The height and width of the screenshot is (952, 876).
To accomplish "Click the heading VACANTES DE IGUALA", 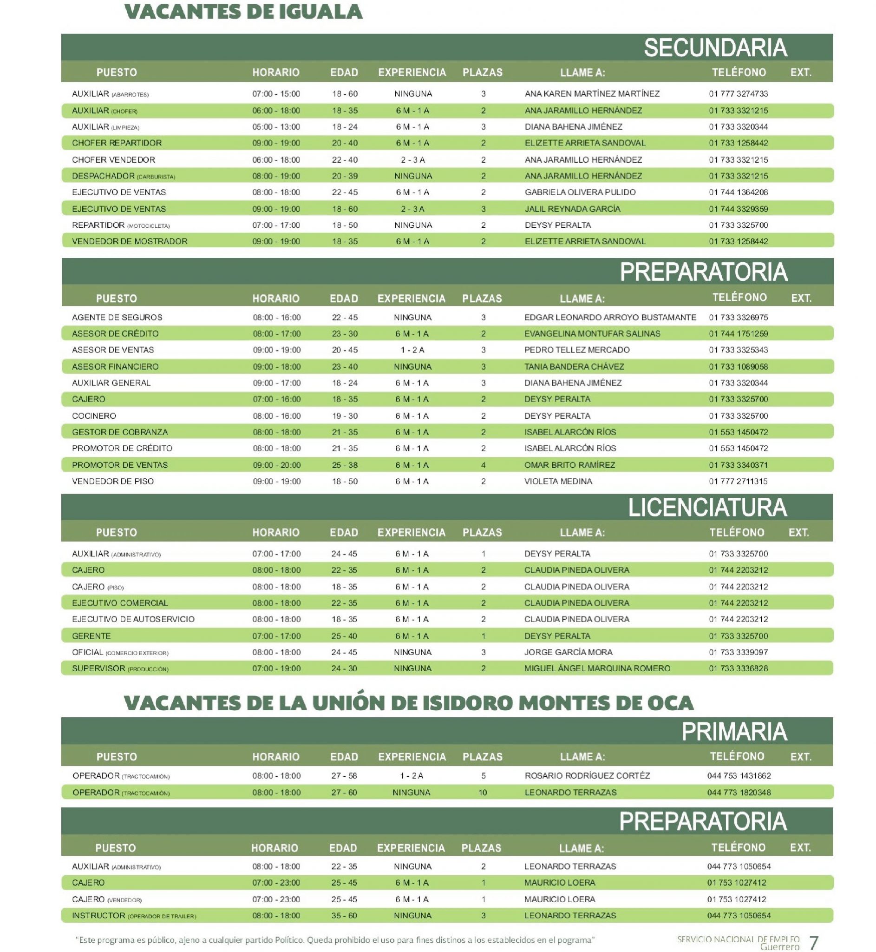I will [243, 12].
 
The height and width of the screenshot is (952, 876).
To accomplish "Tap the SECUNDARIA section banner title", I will [715, 48].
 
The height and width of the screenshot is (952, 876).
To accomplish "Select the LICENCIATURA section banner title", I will [707, 508].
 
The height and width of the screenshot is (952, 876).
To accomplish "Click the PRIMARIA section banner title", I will [734, 732].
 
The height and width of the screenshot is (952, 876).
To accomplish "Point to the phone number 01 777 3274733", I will [738, 94].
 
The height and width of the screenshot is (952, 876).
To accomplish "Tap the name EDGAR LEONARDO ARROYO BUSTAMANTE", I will [610, 317].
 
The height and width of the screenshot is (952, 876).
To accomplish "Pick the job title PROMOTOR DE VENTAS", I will [119, 465].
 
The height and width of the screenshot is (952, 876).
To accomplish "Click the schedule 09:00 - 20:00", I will [276, 465].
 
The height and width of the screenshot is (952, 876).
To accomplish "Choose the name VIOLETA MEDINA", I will [558, 482].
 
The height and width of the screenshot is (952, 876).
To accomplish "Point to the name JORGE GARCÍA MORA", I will [568, 652].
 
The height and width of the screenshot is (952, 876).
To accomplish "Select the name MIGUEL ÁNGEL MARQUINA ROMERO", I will [597, 668].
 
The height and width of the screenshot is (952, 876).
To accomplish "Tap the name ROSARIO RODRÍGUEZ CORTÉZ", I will [587, 776].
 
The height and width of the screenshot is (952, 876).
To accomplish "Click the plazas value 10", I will [483, 793].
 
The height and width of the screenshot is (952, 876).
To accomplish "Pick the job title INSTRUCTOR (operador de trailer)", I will [134, 915].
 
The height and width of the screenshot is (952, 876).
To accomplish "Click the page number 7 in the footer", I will [814, 942].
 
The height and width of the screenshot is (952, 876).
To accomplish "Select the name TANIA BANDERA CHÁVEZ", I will [574, 367].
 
